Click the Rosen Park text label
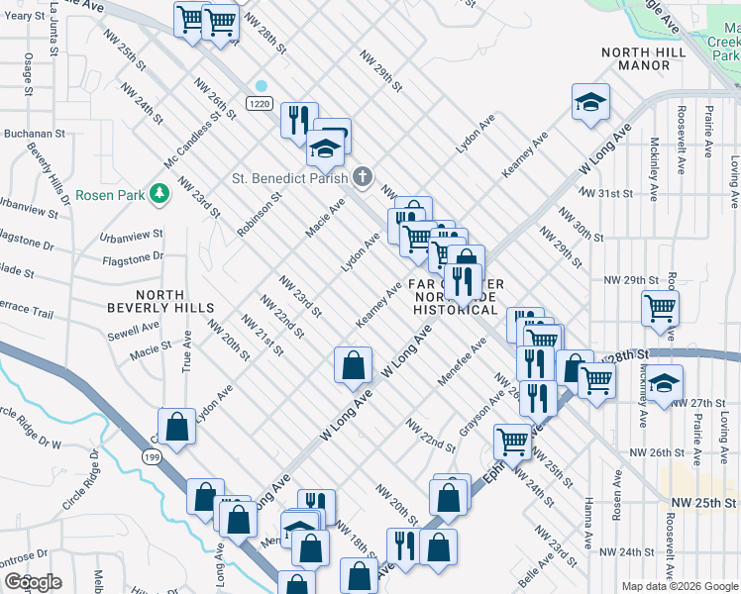pos(110,194)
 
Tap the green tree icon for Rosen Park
pos(159,194)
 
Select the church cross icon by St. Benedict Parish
pos(363,177)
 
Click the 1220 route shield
pos(260,103)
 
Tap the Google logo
pos(33,582)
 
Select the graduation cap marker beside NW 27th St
pos(666,381)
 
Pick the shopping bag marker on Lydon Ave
pos(176,428)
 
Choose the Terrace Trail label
pos(25,312)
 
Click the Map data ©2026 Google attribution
pos(679,586)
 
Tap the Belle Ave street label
pos(536,570)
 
